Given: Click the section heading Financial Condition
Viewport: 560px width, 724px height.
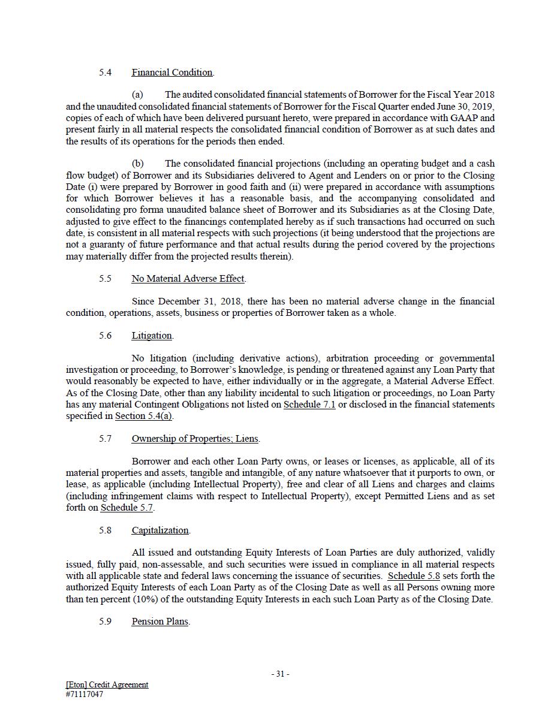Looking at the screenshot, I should tap(172, 73).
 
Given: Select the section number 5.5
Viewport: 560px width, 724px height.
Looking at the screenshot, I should tap(106, 279).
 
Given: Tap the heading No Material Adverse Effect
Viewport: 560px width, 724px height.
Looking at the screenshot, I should tap(188, 279).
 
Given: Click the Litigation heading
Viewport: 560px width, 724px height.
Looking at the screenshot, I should tap(152, 336).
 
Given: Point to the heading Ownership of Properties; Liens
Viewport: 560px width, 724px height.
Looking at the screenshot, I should tap(195, 439).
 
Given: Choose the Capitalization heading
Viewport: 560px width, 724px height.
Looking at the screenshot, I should tap(160, 530).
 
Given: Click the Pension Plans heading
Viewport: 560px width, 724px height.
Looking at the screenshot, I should tap(160, 622).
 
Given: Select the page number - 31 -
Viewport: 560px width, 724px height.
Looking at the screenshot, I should tap(280, 674).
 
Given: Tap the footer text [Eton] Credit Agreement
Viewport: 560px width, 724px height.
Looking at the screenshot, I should tap(107, 684).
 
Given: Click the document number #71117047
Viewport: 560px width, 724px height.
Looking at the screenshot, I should tap(85, 695).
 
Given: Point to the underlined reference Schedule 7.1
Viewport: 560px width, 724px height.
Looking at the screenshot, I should tap(309, 405).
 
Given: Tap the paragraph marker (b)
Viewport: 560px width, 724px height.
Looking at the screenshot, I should tap(137, 164).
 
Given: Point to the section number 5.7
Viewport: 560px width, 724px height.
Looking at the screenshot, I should tap(106, 439).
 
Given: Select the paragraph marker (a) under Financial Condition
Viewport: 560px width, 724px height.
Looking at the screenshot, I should tap(137, 95).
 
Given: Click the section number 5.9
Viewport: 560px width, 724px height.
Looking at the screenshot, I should tap(106, 622).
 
